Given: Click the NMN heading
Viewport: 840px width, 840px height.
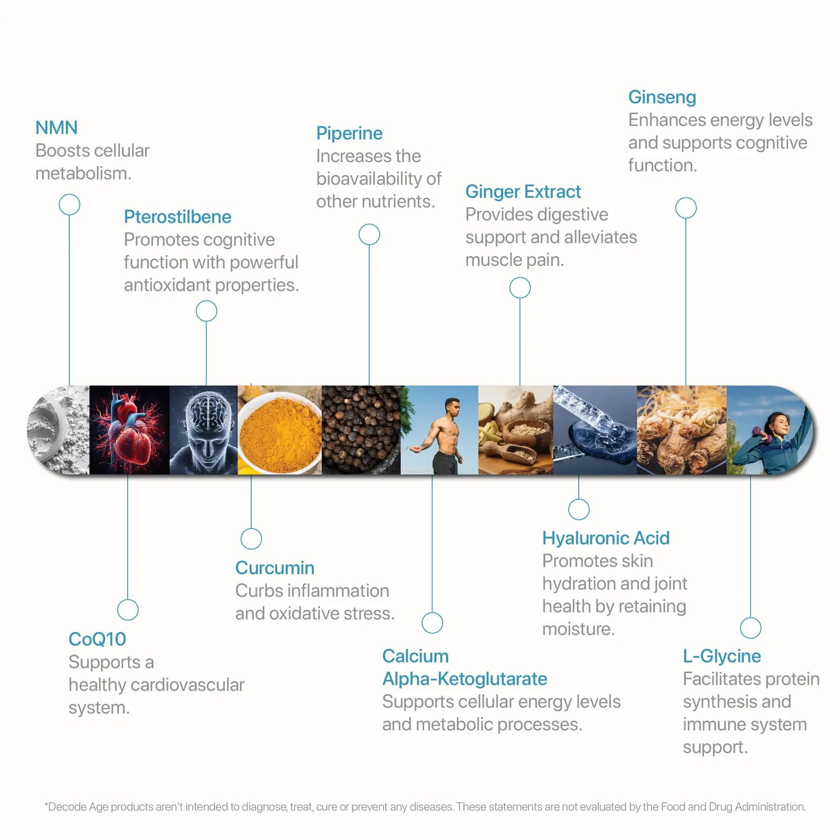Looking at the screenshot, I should (56, 128).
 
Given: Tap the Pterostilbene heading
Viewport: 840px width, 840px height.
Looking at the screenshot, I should (177, 217).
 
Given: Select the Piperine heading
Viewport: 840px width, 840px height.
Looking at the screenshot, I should (349, 133).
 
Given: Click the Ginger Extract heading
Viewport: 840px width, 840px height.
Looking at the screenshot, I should (523, 192).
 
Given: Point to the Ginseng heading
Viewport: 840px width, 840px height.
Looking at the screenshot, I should (662, 97).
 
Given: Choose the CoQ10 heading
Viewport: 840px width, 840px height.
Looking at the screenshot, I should (97, 639).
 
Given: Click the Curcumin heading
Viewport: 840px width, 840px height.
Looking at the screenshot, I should (275, 568).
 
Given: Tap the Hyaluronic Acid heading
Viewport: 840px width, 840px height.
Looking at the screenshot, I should (606, 538).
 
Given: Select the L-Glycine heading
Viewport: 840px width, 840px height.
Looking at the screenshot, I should (722, 656).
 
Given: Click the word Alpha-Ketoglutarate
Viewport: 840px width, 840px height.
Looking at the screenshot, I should (465, 679).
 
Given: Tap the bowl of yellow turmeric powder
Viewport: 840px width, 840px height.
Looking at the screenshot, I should (280, 433).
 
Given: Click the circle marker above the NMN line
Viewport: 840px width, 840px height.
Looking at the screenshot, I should (69, 204).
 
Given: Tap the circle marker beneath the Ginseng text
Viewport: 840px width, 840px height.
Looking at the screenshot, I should (686, 208).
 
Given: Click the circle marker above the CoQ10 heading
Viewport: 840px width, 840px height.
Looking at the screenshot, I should (128, 610).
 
